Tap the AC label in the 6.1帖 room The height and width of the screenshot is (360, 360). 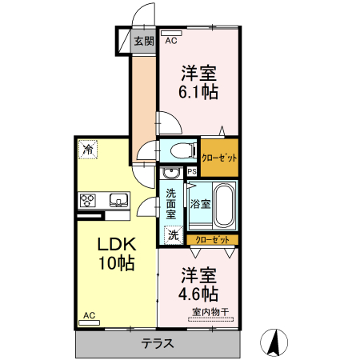coord(170,39)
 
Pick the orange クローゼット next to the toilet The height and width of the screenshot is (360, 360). coord(218,157)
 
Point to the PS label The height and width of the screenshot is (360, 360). coord(192,171)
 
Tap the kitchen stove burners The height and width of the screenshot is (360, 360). coord(87,200)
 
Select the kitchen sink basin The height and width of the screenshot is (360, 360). coord(118,200)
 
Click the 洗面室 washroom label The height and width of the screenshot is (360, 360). coord(172,203)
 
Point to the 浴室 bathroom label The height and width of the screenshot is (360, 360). coord(200,203)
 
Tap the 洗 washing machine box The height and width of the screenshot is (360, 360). coord(173,235)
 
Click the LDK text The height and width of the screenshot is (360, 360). coord(115,244)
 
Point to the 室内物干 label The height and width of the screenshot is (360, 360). coord(210,311)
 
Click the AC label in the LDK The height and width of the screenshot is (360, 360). coord(89,317)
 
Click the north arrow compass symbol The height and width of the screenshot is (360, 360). coord(274,342)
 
